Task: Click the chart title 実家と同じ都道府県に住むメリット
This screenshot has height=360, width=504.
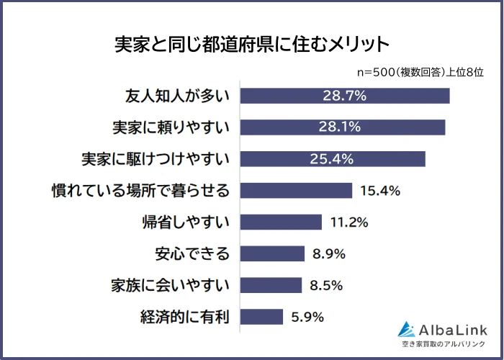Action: pos(251,43)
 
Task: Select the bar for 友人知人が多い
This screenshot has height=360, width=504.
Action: pos(344,96)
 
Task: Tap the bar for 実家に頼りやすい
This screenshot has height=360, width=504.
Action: pos(342,127)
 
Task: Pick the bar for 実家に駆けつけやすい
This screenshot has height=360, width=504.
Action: pos(333,159)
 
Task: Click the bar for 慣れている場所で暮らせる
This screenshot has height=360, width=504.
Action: pos(296,191)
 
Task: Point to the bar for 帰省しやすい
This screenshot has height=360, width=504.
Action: pos(281,222)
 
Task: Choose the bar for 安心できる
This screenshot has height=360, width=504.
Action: pos(272,253)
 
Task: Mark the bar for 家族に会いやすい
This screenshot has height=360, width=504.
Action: pos(271,285)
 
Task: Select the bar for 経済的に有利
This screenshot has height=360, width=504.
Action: pos(261,317)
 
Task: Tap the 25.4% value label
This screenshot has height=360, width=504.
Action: pos(333,159)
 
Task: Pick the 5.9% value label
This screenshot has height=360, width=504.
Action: pos(307,317)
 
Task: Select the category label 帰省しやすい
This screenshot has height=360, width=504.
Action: pos(186,222)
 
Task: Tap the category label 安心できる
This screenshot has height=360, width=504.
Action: pos(192,253)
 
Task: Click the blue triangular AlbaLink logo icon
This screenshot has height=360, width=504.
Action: pos(408,329)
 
